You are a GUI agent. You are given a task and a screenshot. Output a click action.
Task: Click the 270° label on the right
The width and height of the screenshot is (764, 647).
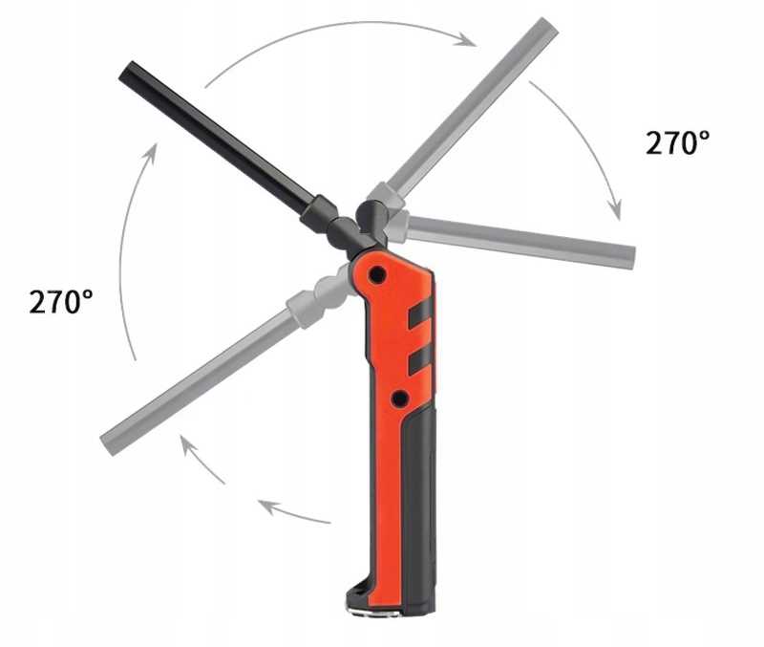click(677, 142)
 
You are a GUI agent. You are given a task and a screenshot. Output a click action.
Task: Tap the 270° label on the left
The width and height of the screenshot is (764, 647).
click(61, 301)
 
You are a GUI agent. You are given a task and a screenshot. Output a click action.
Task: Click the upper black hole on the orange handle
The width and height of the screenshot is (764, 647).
click(376, 275)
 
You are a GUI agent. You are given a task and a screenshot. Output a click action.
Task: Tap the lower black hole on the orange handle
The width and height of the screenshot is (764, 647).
click(399, 399)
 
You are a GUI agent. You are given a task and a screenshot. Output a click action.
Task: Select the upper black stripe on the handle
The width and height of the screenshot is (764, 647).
click(419, 314)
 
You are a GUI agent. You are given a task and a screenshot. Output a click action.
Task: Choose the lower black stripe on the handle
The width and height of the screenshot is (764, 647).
click(419, 361)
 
